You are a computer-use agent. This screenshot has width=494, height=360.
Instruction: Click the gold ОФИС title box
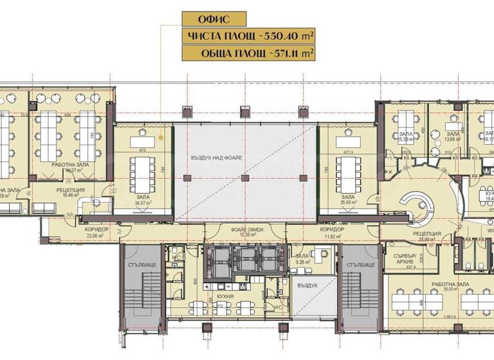[x=203, y=19]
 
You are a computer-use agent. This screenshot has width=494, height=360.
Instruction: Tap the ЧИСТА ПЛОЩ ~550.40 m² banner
[x=248, y=36]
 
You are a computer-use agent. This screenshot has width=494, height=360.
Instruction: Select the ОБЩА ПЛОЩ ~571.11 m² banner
[x=248, y=53]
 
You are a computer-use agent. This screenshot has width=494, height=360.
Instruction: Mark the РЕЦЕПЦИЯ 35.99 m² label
[x=426, y=237]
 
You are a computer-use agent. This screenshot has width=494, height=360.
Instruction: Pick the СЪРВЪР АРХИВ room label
[x=406, y=261]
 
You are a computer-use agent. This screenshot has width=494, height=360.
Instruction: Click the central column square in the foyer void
[x=244, y=177]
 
